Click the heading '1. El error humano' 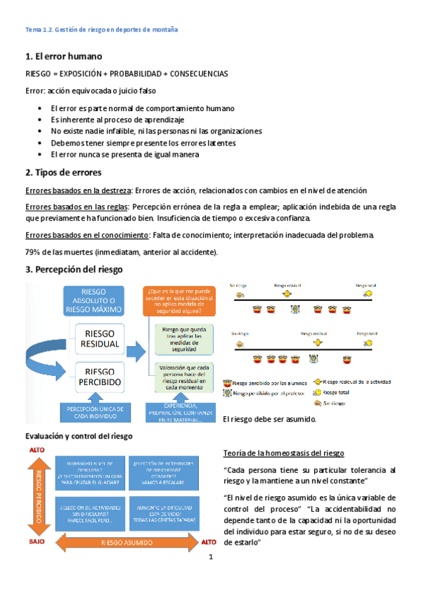[x=63, y=56]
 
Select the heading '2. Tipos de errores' [x=64, y=172]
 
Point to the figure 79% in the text [x=32, y=252]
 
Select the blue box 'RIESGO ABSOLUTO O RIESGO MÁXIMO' [x=102, y=301]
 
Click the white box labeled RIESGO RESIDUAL [x=102, y=339]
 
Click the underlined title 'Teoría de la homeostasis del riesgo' [x=283, y=453]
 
